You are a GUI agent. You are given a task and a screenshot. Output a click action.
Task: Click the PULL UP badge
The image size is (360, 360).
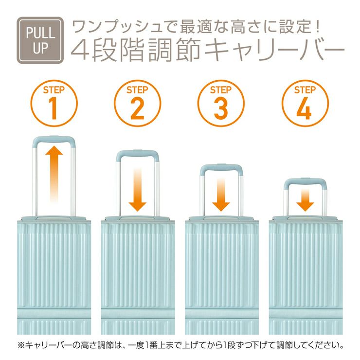click(x=40, y=40)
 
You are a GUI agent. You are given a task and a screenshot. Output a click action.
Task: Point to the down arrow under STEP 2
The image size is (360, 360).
click(x=138, y=189)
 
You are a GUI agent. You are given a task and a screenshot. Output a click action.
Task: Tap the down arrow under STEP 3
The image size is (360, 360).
click(x=221, y=195)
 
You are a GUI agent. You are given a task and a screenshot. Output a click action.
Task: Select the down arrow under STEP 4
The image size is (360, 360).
click(x=305, y=200)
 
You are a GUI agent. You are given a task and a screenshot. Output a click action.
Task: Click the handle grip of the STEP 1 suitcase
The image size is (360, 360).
click(x=54, y=139)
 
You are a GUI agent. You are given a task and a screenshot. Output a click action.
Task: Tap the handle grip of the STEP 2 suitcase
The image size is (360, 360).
click(x=138, y=153)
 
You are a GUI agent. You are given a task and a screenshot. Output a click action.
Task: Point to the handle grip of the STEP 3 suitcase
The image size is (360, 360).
click(x=221, y=167)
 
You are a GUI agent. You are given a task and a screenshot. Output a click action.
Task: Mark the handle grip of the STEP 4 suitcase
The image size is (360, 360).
click(x=305, y=181)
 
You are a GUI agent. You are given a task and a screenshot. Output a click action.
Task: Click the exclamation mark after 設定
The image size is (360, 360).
click(x=318, y=27)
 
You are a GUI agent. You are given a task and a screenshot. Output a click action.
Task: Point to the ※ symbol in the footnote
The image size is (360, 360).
click(x=21, y=345)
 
